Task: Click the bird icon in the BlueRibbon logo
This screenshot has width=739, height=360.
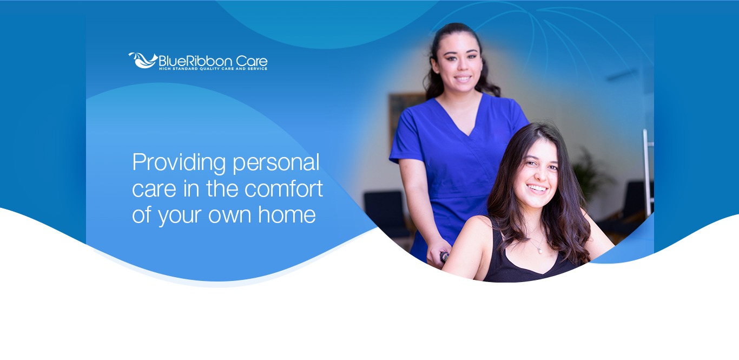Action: (142, 60)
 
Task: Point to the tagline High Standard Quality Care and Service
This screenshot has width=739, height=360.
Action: (213, 69)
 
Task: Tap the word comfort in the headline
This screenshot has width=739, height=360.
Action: (283, 188)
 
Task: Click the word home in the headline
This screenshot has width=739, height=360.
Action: (287, 214)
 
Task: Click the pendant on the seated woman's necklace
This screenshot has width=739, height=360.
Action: (540, 251)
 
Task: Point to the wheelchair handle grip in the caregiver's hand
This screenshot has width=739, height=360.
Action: (444, 257)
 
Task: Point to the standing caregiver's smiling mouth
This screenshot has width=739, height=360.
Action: (463, 78)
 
